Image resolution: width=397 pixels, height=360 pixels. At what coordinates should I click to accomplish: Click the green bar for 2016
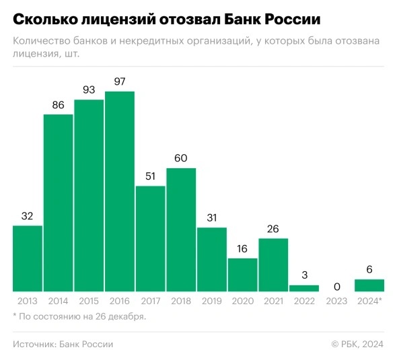point(120,191)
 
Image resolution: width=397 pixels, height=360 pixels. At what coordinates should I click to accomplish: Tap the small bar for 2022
point(304,288)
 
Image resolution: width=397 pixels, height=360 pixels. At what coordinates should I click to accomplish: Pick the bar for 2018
point(181,229)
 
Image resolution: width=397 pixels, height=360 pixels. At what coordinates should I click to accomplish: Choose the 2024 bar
point(369,285)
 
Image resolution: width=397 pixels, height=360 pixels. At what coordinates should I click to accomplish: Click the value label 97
point(120,81)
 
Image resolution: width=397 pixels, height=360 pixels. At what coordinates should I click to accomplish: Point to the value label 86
point(59,105)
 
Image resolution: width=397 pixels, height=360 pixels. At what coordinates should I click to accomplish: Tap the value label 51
point(151,176)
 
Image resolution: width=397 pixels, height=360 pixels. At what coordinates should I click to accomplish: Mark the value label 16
point(243,248)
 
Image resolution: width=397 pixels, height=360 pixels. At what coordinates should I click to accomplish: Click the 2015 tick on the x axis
point(89,300)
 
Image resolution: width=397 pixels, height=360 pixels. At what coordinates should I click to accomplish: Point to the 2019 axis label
point(212,300)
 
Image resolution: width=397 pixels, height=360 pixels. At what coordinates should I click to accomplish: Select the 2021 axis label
point(273,300)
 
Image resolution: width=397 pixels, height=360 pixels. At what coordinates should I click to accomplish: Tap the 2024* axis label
point(369,300)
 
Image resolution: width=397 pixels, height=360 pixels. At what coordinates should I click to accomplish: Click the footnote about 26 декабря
point(79,316)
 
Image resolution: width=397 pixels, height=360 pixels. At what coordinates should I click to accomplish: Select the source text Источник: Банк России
point(63,344)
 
